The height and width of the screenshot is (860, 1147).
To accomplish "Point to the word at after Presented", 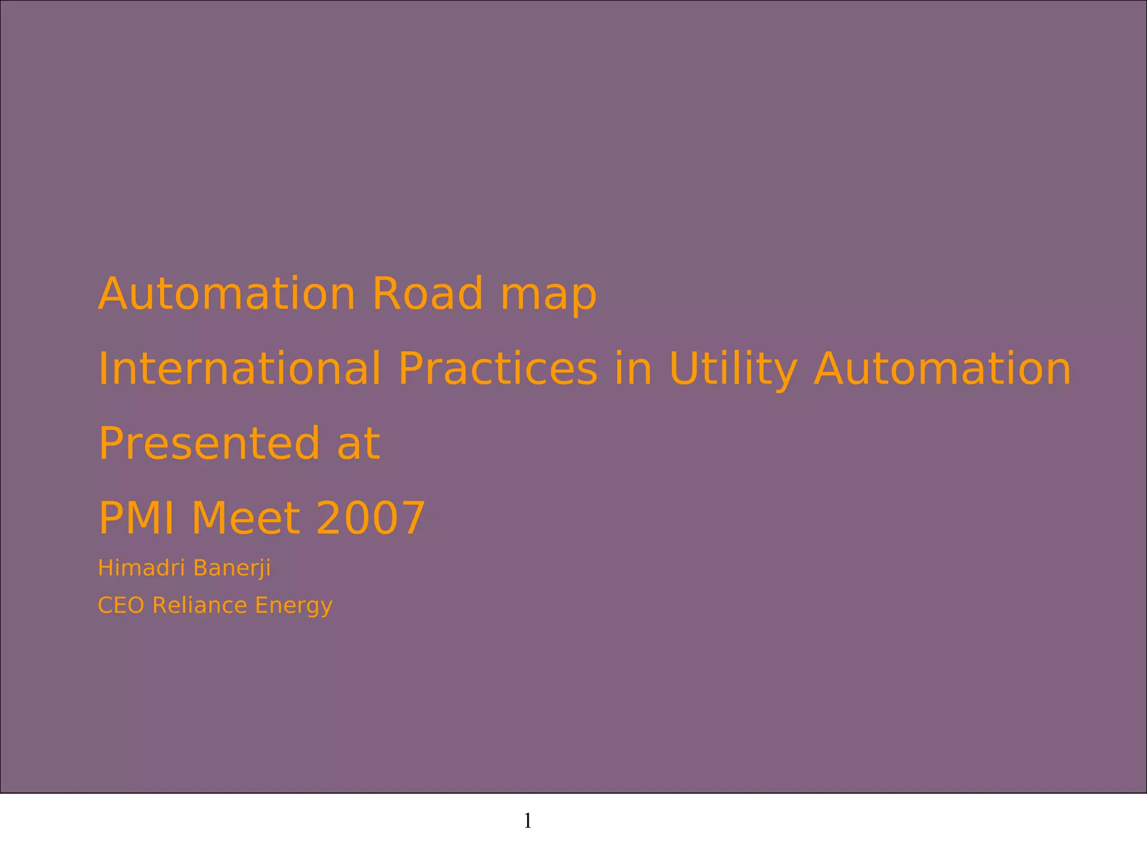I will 358,445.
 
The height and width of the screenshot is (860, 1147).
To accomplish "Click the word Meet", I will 246,518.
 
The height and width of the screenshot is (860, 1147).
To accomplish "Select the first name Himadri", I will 142,568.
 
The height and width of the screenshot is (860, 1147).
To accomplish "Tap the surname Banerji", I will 232,568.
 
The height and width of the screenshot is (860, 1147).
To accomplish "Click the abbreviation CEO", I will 122,605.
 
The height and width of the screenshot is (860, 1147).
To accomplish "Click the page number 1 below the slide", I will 528,821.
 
